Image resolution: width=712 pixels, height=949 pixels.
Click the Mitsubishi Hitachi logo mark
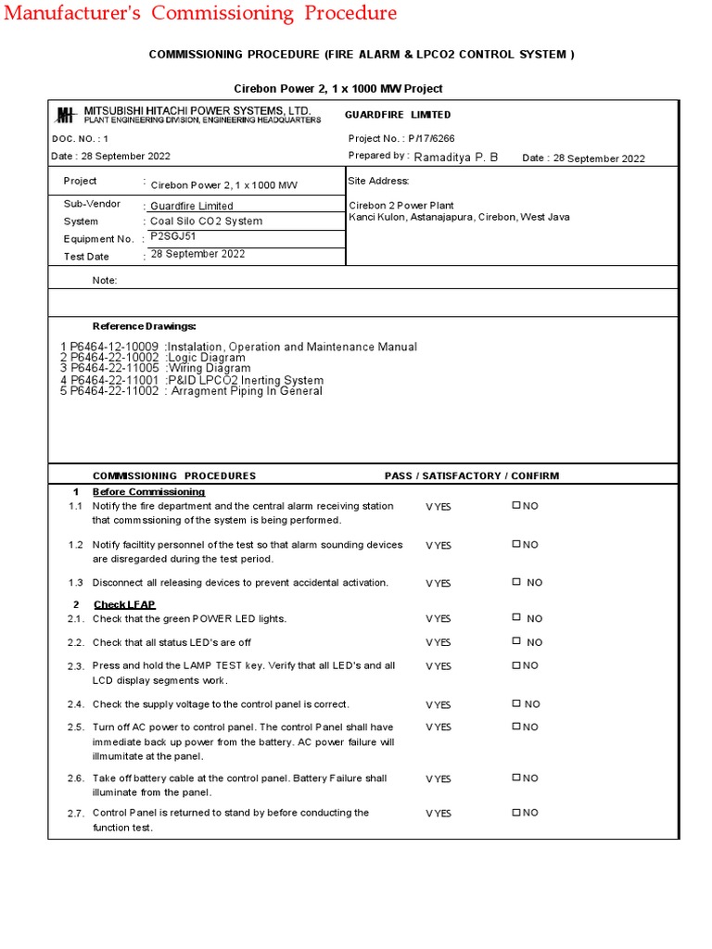[x=65, y=115]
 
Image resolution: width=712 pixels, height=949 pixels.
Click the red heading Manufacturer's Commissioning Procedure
[x=200, y=13]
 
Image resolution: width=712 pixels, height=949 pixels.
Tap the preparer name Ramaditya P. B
[x=456, y=157]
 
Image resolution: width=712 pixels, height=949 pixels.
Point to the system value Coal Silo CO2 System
[x=206, y=221]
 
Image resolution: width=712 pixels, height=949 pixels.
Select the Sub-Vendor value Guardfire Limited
[x=191, y=206]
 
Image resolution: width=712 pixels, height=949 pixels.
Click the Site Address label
[x=378, y=181]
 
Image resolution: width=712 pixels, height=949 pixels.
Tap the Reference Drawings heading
[x=144, y=326]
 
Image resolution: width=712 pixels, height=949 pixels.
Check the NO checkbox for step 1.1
[x=516, y=506]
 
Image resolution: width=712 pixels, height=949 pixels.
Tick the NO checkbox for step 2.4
[x=516, y=704]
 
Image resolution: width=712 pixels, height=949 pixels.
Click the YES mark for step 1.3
[x=438, y=583]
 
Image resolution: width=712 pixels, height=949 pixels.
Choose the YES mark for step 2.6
[x=438, y=779]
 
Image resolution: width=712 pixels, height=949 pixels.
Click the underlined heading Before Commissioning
[x=148, y=491]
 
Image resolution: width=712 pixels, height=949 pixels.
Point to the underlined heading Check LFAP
[x=124, y=604]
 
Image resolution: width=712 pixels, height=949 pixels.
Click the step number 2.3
[x=76, y=666]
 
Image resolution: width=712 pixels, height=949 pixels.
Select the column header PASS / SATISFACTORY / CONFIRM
[x=472, y=475]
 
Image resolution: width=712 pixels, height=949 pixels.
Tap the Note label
[x=105, y=280]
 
